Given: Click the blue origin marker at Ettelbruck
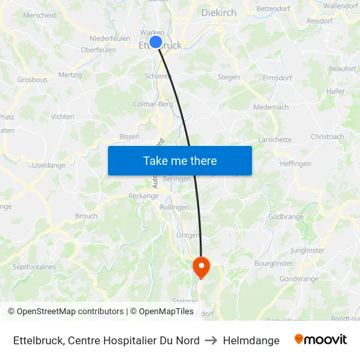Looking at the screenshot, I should [x=156, y=42].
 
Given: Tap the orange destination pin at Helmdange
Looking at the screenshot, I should [x=200, y=266].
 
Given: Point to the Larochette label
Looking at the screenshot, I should [x=275, y=139].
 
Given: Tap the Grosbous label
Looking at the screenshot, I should [x=32, y=80].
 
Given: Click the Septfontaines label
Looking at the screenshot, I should [x=34, y=267].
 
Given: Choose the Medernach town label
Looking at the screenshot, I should [x=271, y=107].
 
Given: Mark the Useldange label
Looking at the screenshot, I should [x=48, y=165].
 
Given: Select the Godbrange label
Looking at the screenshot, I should [x=286, y=217].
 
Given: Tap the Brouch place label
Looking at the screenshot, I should [x=86, y=216].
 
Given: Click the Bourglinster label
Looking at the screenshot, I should [x=273, y=263].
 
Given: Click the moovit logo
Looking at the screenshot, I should [x=321, y=340].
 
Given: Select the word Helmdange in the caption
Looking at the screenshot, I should [x=251, y=340].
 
